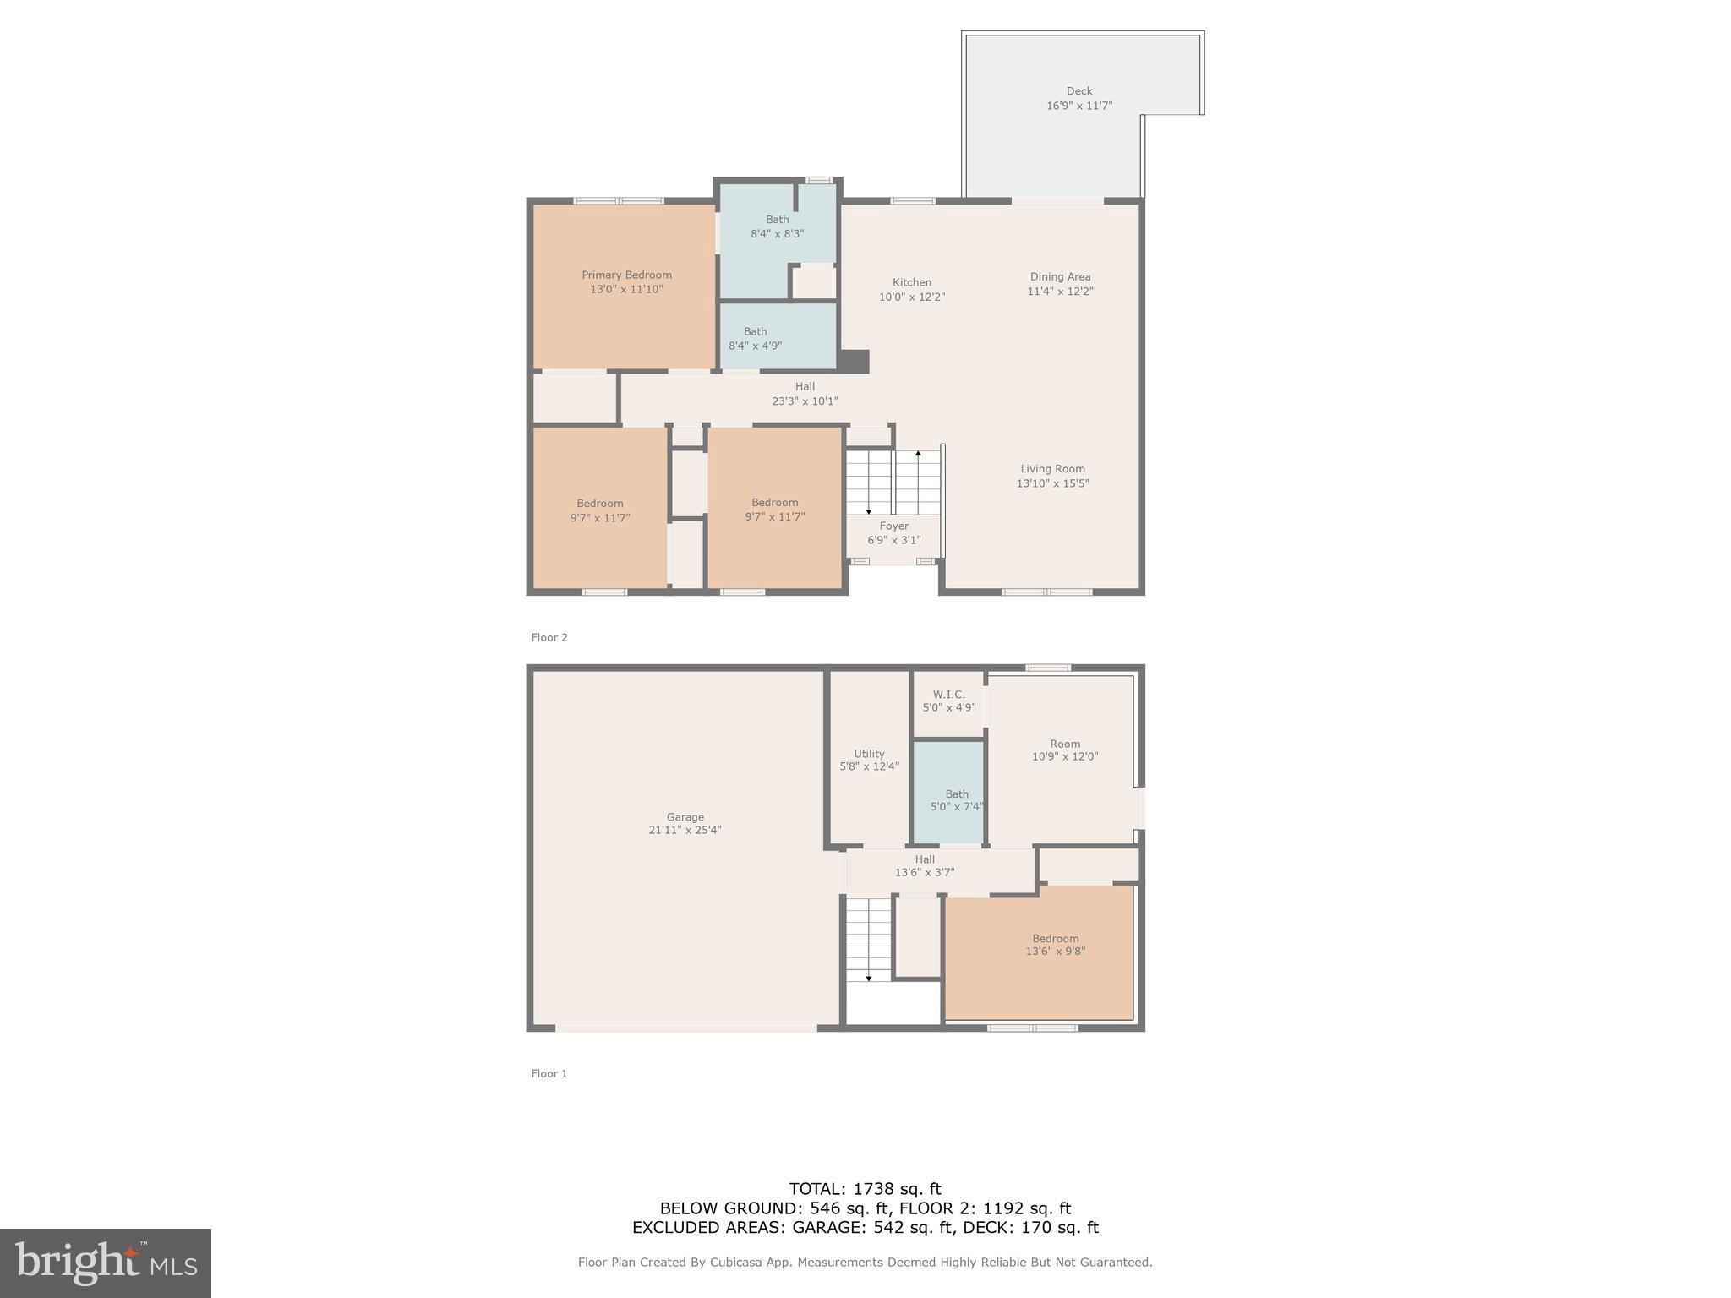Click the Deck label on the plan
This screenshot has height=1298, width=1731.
tap(1078, 91)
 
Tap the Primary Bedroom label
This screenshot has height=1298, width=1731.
tap(626, 275)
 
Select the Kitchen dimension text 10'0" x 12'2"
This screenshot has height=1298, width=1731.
tap(911, 297)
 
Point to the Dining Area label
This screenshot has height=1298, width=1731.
tap(1060, 277)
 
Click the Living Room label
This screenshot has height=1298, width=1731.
tap(1052, 469)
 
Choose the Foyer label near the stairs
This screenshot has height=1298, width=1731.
tap(893, 526)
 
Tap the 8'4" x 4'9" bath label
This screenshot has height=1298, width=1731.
tap(755, 339)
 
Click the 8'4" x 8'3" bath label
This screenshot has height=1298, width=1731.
tap(777, 226)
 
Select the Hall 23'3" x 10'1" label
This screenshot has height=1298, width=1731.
tap(805, 394)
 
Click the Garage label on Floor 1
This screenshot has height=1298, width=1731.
tap(685, 817)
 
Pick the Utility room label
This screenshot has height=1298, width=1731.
tap(869, 754)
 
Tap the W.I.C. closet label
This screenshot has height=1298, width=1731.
tap(948, 695)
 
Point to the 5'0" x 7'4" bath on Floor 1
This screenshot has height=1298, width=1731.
tap(956, 800)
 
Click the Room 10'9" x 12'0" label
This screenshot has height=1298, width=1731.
tap(1064, 750)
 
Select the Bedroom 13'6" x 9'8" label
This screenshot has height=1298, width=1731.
tap(1055, 945)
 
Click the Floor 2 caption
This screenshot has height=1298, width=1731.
tap(549, 638)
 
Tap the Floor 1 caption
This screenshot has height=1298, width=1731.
tap(549, 1074)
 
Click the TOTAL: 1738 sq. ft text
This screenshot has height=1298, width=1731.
tap(864, 1189)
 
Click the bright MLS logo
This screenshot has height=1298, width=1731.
tap(106, 1263)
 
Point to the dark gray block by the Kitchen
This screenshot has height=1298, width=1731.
tap(854, 362)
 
